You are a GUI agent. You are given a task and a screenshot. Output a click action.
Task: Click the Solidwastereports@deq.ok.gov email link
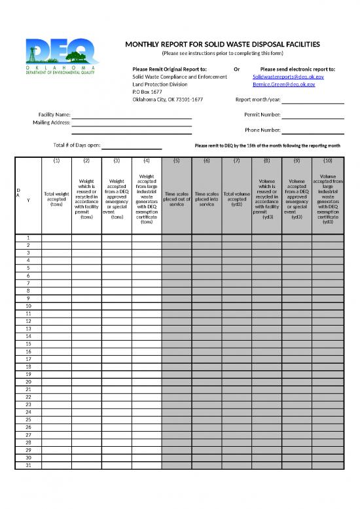[x=283, y=77]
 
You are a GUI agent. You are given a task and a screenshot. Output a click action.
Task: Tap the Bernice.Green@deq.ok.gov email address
[x=283, y=85]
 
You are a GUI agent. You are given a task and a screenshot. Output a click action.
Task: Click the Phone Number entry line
[x=313, y=130]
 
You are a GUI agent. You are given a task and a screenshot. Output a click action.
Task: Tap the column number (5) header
[x=176, y=160]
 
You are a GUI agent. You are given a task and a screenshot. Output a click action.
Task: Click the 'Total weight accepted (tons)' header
[x=56, y=198]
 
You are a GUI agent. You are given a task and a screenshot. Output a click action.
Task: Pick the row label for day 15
[x=28, y=343]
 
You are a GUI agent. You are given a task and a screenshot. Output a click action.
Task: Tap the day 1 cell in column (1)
[x=56, y=237]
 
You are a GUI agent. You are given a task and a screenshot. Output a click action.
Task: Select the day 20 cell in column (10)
[x=329, y=381]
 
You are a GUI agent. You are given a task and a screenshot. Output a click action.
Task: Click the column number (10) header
[x=329, y=160]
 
